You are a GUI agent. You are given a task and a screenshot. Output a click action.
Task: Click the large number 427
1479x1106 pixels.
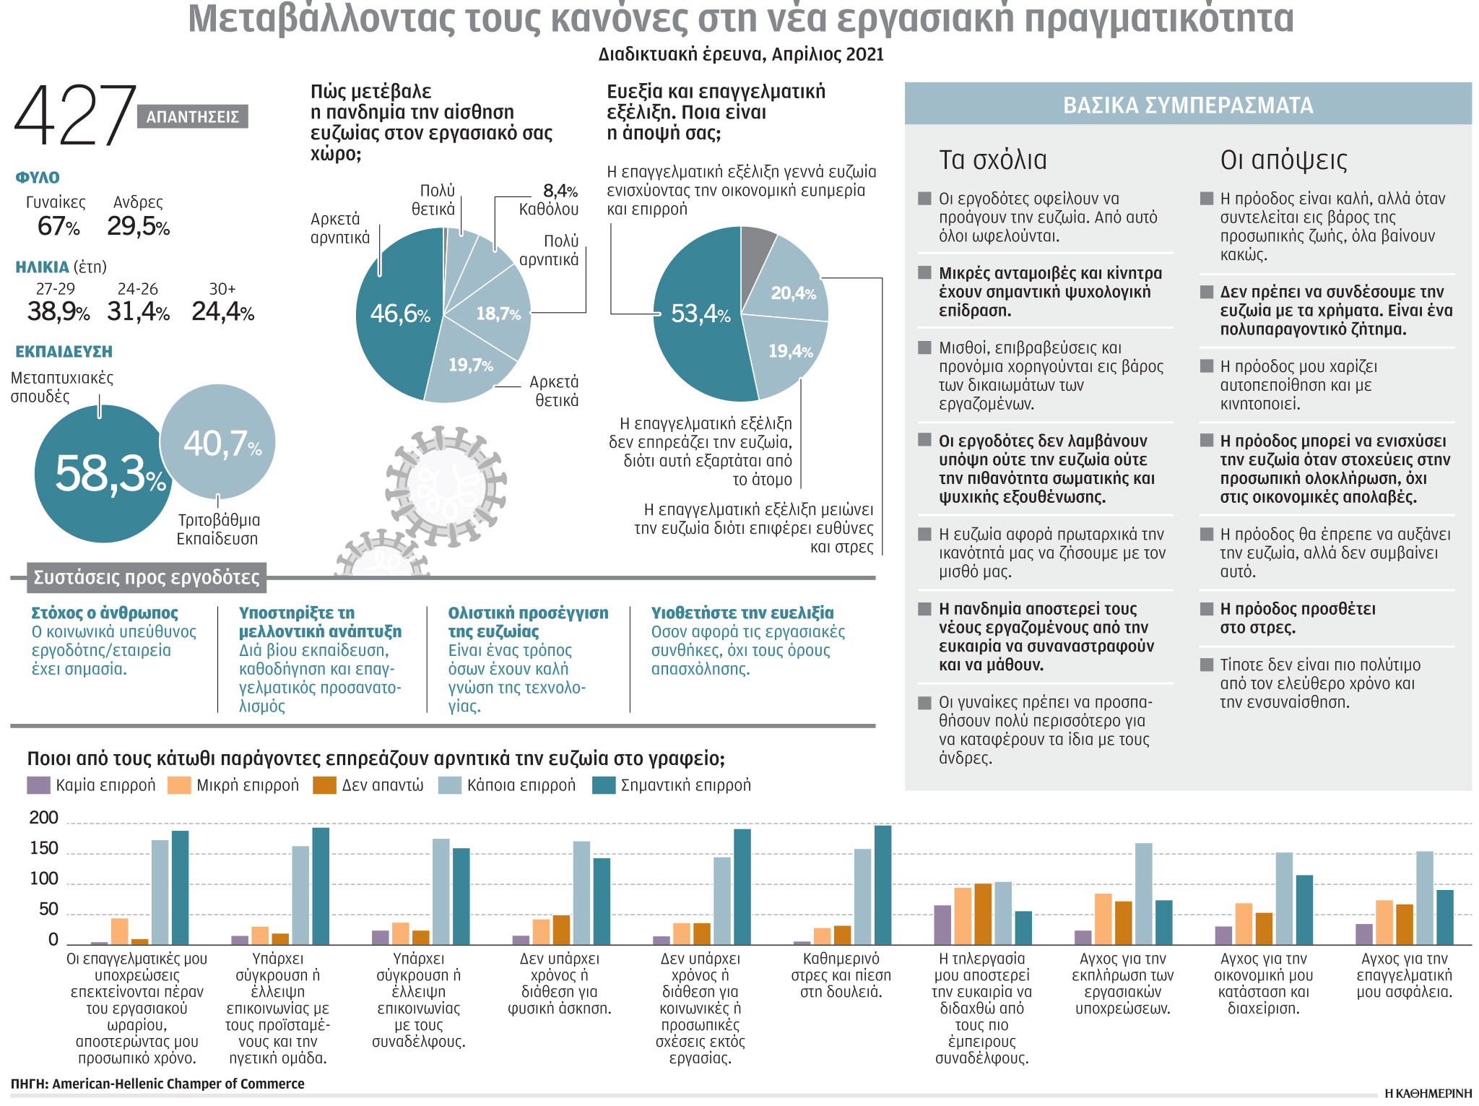click(75, 116)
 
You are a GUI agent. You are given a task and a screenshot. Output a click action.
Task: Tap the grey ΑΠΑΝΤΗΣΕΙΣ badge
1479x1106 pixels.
click(192, 117)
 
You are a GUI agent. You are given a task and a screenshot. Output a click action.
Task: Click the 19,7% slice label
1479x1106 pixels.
click(470, 365)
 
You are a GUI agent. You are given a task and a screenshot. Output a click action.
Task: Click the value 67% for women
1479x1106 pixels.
click(58, 227)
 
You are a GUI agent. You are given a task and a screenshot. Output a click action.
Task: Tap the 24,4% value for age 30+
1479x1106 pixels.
click(222, 312)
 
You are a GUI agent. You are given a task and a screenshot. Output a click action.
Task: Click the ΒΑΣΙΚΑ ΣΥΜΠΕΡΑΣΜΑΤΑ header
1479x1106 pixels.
click(1187, 105)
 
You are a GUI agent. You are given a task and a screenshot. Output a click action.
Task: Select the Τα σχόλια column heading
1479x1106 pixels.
click(992, 160)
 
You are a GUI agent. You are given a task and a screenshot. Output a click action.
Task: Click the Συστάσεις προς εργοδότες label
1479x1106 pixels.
click(147, 577)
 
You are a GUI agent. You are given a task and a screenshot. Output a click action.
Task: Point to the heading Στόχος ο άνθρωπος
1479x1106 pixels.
click(105, 613)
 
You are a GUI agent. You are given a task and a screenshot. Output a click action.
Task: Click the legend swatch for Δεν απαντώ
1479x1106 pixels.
click(324, 785)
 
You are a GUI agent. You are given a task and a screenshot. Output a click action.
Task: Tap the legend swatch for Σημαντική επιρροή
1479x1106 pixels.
click(603, 785)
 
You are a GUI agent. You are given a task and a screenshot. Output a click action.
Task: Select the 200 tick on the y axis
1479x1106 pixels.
click(43, 818)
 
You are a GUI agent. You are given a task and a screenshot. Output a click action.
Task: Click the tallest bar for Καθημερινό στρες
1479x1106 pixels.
click(882, 885)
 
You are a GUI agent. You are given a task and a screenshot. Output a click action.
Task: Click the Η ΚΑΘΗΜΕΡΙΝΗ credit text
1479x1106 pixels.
click(1428, 1094)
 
